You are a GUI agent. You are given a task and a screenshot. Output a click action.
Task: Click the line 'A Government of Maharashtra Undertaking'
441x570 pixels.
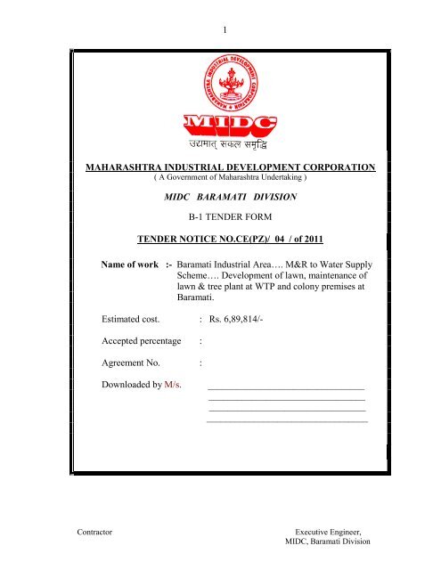click(220, 178)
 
